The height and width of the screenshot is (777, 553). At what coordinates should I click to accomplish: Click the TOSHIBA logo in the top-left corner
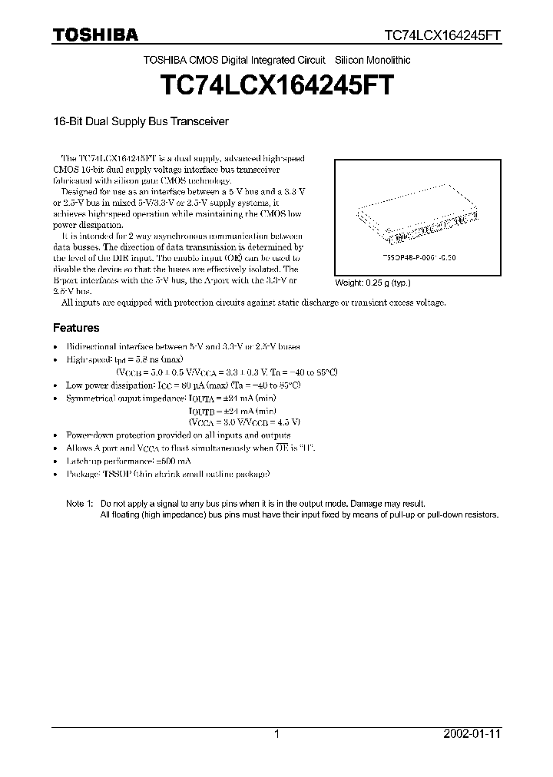(95, 35)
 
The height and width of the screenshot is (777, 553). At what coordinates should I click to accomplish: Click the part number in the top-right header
(443, 35)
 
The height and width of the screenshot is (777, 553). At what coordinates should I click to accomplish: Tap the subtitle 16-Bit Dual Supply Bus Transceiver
(141, 121)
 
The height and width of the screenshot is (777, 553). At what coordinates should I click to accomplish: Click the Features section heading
(75, 327)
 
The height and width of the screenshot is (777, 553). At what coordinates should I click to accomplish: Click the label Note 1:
(79, 502)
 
